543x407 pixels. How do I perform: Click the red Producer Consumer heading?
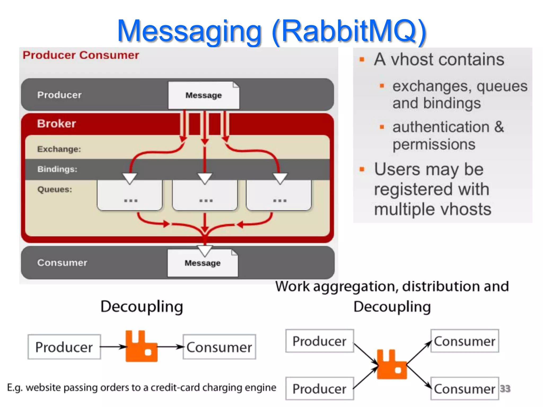coord(81,55)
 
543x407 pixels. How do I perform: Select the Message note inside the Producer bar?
coord(204,95)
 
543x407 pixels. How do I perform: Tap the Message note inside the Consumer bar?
coord(203,263)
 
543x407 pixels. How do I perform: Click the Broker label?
coord(56,123)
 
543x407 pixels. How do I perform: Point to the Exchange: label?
coord(59,149)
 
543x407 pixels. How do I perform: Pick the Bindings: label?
coord(57,169)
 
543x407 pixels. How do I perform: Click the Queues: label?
coord(55,189)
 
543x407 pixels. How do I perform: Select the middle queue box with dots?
coord(205,197)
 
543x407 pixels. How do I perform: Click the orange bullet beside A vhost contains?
coord(362,59)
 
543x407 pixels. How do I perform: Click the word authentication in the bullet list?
coord(441,127)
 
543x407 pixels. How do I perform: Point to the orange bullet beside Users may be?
coord(362,169)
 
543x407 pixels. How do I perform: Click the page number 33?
coord(505,388)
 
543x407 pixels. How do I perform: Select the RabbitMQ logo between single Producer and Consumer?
coord(141,346)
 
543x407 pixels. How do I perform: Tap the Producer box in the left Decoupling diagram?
coord(64,347)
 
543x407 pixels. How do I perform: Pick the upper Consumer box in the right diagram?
coord(465,341)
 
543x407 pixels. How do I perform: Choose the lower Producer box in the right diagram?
coord(319,389)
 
